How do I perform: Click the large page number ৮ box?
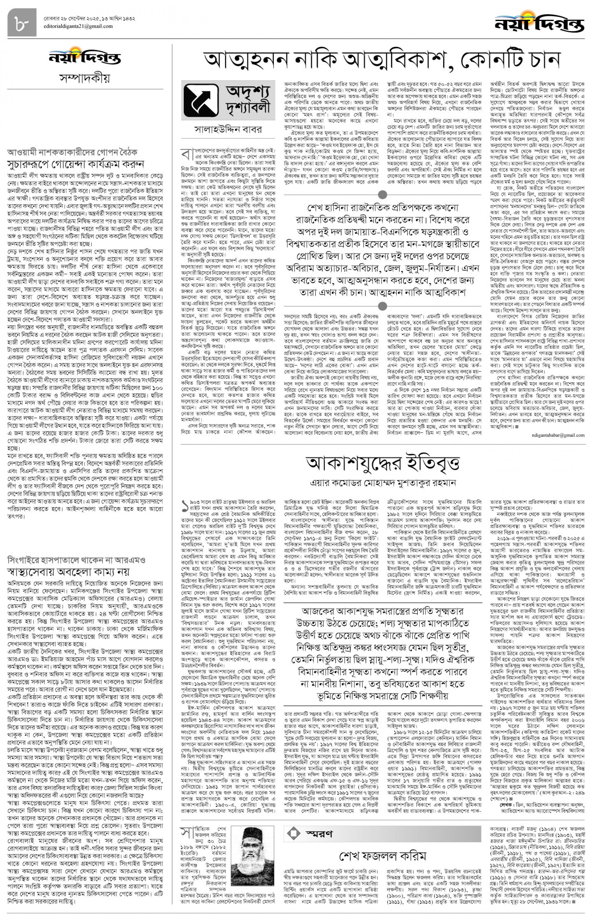pyautogui.click(x=22, y=23)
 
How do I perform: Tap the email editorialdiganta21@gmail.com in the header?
pyautogui.click(x=78, y=26)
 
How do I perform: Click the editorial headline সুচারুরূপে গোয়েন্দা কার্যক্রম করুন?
pyautogui.click(x=76, y=164)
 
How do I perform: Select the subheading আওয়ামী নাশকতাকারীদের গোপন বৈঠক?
pyautogui.click(x=72, y=152)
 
